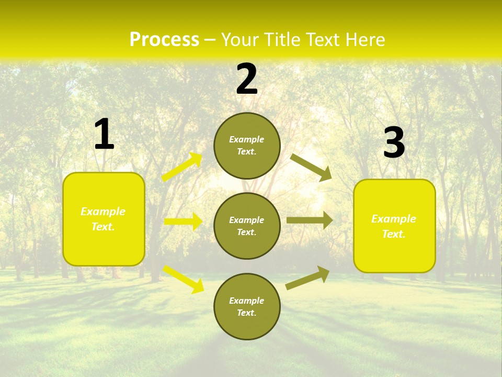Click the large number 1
pos(104,134)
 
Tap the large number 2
pos(246,80)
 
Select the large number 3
pos(394,143)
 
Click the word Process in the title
pos(164,40)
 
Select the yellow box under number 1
pos(104,219)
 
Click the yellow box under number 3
pos(394,226)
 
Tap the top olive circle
pos(247,146)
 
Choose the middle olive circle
pos(247,226)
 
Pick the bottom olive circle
pos(247,306)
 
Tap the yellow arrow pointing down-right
pos(184,279)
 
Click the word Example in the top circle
pos(247,139)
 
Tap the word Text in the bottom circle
pos(246,313)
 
